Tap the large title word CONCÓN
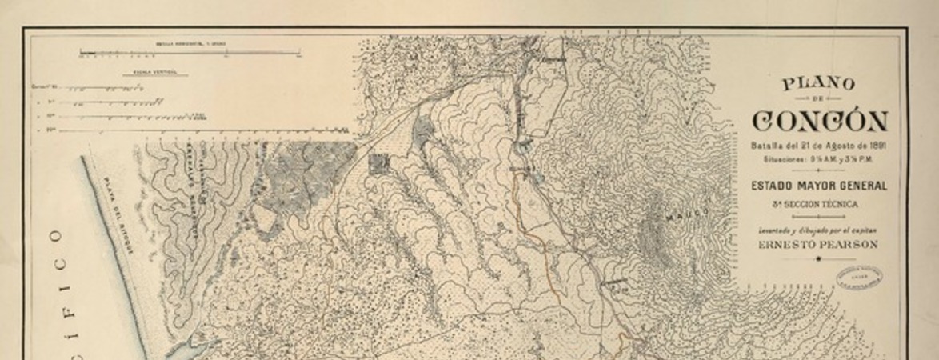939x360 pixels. pyautogui.click(x=819, y=122)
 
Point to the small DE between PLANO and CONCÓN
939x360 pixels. pyautogui.click(x=818, y=99)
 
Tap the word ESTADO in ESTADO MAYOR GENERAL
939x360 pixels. pyautogui.click(x=772, y=186)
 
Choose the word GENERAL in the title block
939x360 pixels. pyautogui.click(x=861, y=186)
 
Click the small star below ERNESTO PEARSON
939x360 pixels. pyautogui.click(x=818, y=258)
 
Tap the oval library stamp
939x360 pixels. pyautogui.click(x=859, y=278)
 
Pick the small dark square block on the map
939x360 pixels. pyautogui.click(x=378, y=164)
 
